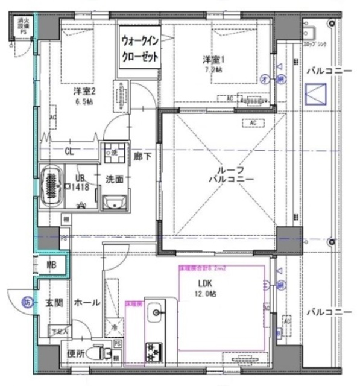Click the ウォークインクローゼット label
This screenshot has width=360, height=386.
pyautogui.click(x=140, y=49)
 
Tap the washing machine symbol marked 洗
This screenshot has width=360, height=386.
pyautogui.click(x=113, y=152)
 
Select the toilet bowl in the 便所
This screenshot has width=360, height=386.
pyautogui.click(x=97, y=352)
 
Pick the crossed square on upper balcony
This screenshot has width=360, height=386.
pyautogui.click(x=315, y=95)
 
